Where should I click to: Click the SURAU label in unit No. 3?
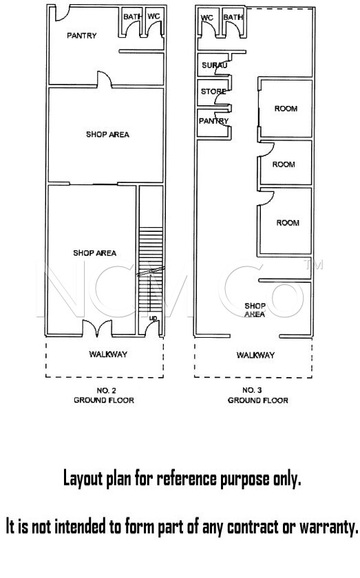[x=214, y=65]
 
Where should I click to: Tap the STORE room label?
[x=213, y=92]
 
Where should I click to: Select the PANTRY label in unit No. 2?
[x=81, y=35]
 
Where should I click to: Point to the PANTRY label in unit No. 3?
[x=213, y=121]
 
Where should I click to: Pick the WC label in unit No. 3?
[x=207, y=18]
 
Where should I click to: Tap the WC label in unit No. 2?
[x=153, y=17]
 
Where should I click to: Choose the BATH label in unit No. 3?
[x=233, y=17]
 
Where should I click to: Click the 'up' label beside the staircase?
[x=153, y=318]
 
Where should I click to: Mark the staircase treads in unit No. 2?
[x=151, y=269]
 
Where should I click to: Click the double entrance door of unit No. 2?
[x=96, y=328]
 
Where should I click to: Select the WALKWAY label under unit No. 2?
[x=108, y=354]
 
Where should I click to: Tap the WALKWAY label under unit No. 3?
[x=255, y=355]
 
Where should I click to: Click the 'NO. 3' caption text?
[x=253, y=390]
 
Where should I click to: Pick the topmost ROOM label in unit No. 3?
[x=286, y=109]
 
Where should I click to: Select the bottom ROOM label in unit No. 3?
[x=288, y=223]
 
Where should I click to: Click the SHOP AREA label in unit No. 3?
[x=255, y=310]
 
